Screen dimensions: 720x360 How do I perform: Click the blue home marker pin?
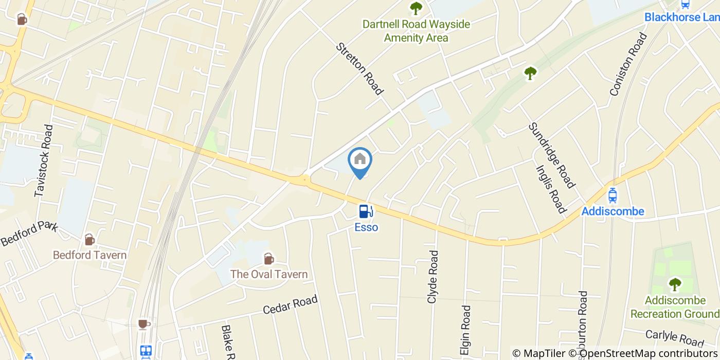click(x=360, y=160)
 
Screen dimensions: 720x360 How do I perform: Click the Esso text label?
click(x=366, y=227)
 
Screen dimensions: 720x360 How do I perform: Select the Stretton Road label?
click(x=360, y=69)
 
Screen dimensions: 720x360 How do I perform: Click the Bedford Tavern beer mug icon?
click(x=89, y=239)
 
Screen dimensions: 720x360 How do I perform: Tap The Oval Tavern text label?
click(x=268, y=274)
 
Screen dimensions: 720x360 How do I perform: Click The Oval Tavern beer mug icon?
click(x=268, y=258)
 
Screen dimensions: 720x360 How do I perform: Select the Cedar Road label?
click(x=290, y=304)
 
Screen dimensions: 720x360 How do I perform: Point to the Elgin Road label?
click(x=466, y=329)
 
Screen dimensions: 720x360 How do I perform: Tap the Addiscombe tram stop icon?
click(x=612, y=195)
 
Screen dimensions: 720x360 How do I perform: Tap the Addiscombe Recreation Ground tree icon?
click(x=674, y=283)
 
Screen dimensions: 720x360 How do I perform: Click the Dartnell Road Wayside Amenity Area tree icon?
click(x=416, y=8)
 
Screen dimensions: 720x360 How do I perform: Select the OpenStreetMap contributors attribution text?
click(x=648, y=353)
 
